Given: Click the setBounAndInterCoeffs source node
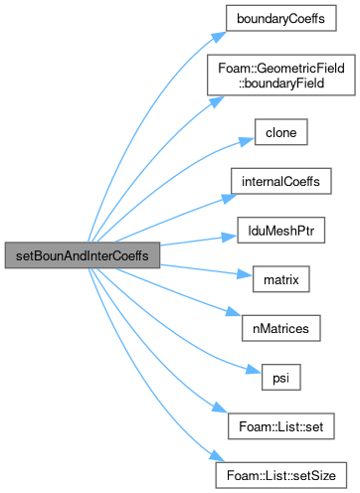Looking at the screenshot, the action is pyautogui.click(x=83, y=255).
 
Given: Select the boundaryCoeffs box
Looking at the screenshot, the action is pyautogui.click(x=281, y=18).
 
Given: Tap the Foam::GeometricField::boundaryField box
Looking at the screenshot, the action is pyautogui.click(x=281, y=76).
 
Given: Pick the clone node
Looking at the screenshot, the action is pyautogui.click(x=281, y=132).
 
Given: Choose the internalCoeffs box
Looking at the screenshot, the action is pyautogui.click(x=281, y=181).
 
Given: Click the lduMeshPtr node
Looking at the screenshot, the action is pyautogui.click(x=281, y=231).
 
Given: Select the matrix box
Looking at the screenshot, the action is pyautogui.click(x=281, y=279).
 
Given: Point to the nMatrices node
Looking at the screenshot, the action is pyautogui.click(x=281, y=328).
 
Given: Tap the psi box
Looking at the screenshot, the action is pyautogui.click(x=281, y=378).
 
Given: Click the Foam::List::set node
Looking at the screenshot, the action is pyautogui.click(x=281, y=426).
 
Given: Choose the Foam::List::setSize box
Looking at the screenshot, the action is pyautogui.click(x=281, y=475).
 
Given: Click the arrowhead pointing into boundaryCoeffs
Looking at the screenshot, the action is pyautogui.click(x=219, y=37).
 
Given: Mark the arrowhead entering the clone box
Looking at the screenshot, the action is pyautogui.click(x=247, y=141).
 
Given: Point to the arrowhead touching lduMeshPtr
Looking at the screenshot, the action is pyautogui.click(x=230, y=237).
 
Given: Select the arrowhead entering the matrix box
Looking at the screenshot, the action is pyautogui.click(x=245, y=274).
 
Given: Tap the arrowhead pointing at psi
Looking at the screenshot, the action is pyautogui.click(x=254, y=369).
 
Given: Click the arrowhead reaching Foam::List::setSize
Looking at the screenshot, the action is pyautogui.click(x=217, y=456).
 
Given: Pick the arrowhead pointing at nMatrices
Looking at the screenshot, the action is pyautogui.click(x=234, y=312).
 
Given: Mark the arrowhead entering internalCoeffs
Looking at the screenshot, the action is pyautogui.click(x=230, y=198).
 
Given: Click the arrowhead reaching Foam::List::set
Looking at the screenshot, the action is pyautogui.click(x=220, y=408).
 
